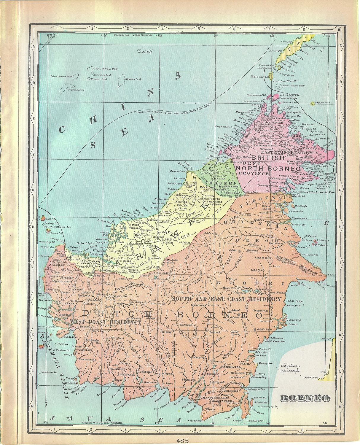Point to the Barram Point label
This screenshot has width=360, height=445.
pyautogui.click(x=178, y=171)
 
